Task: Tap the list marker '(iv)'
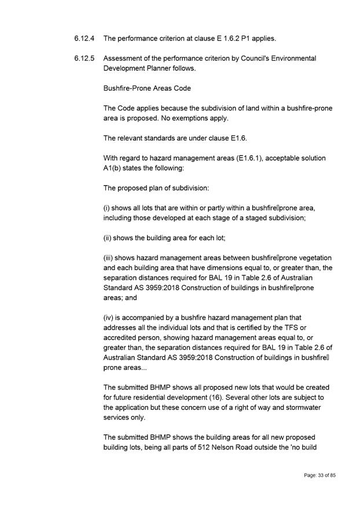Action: tap(109, 318)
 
